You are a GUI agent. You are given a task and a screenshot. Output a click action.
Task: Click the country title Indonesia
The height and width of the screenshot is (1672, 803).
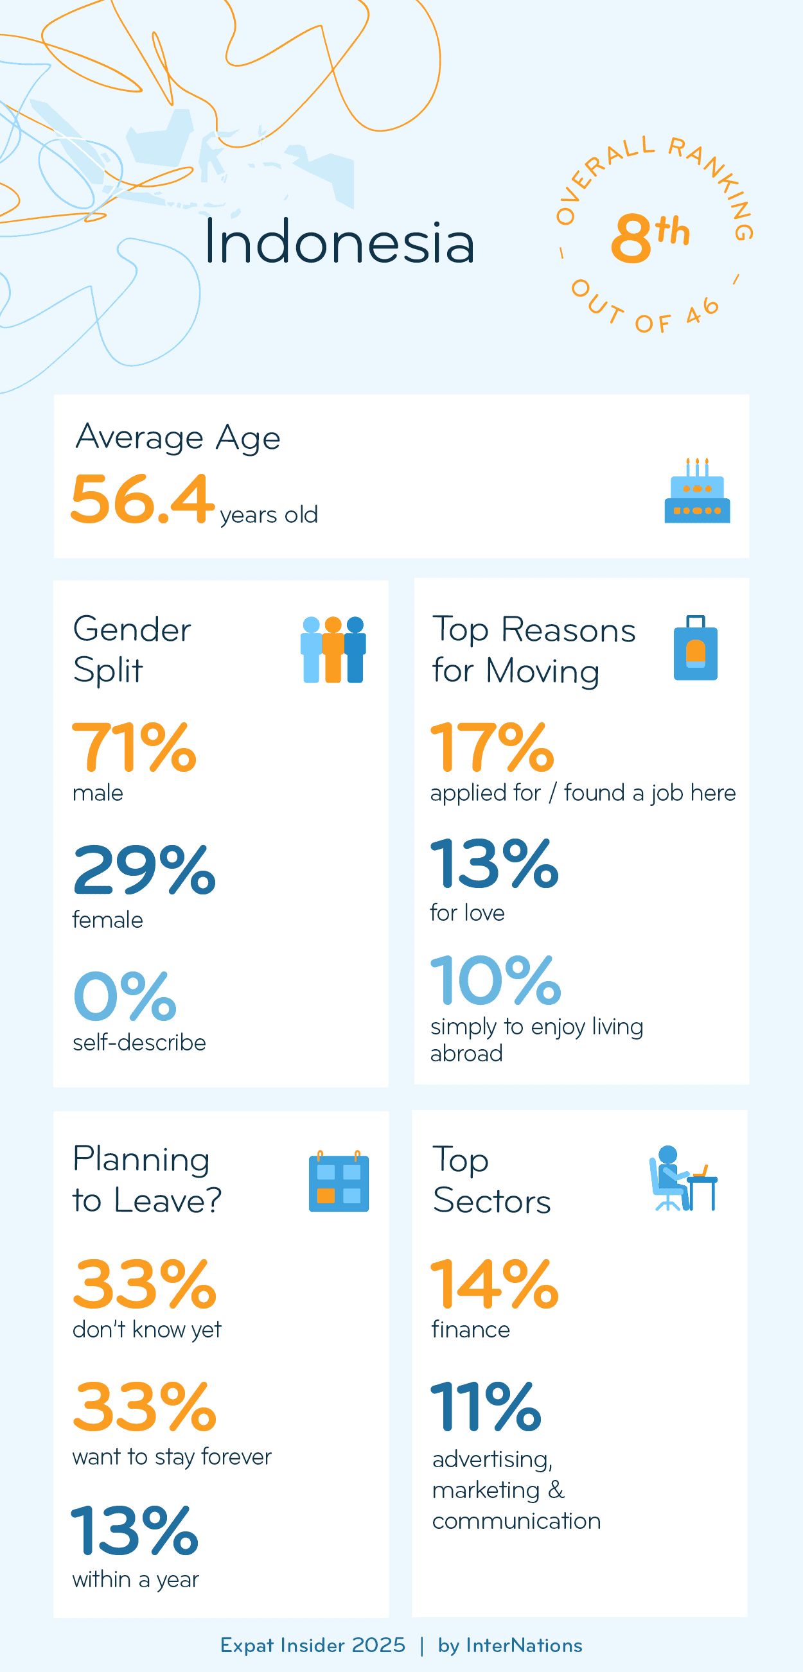pyautogui.click(x=339, y=241)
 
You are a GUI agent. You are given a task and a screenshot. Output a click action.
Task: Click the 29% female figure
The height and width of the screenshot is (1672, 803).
pyautogui.click(x=143, y=870)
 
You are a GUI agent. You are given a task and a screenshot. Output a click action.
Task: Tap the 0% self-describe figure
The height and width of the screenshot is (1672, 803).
pyautogui.click(x=125, y=996)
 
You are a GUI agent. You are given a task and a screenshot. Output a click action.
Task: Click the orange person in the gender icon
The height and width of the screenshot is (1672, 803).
pyautogui.click(x=333, y=650)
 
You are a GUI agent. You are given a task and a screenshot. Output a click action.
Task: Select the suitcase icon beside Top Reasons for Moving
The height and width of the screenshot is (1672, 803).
pyautogui.click(x=695, y=649)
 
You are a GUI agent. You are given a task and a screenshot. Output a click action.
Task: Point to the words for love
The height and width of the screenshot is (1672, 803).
pyautogui.click(x=467, y=912)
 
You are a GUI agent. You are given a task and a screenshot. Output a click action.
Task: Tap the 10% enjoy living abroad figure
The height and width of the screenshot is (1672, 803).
pyautogui.click(x=495, y=980)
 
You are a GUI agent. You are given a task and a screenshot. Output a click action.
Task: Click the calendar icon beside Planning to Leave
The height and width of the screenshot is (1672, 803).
pyautogui.click(x=338, y=1181)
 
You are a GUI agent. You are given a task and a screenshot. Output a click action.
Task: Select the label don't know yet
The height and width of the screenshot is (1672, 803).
pyautogui.click(x=146, y=1329)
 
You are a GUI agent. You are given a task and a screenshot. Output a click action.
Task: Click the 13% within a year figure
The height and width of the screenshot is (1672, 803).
pyautogui.click(x=134, y=1531)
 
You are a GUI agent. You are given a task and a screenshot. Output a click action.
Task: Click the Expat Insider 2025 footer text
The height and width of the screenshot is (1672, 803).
pyautogui.click(x=312, y=1645)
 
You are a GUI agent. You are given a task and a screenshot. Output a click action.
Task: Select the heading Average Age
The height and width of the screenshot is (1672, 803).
pyautogui.click(x=178, y=437)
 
